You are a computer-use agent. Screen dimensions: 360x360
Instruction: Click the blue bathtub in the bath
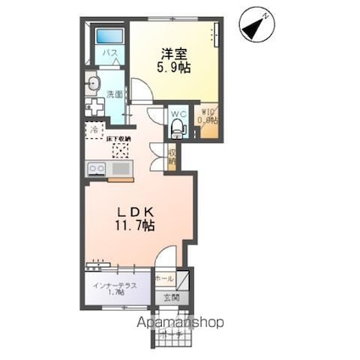[108, 38]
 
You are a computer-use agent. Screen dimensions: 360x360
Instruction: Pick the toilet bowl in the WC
[177, 128]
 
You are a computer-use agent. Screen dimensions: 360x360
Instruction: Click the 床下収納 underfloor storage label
[119, 134]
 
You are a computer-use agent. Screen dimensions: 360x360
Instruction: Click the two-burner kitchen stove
[96, 169]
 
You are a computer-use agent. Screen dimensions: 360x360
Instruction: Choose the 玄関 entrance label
[170, 297]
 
